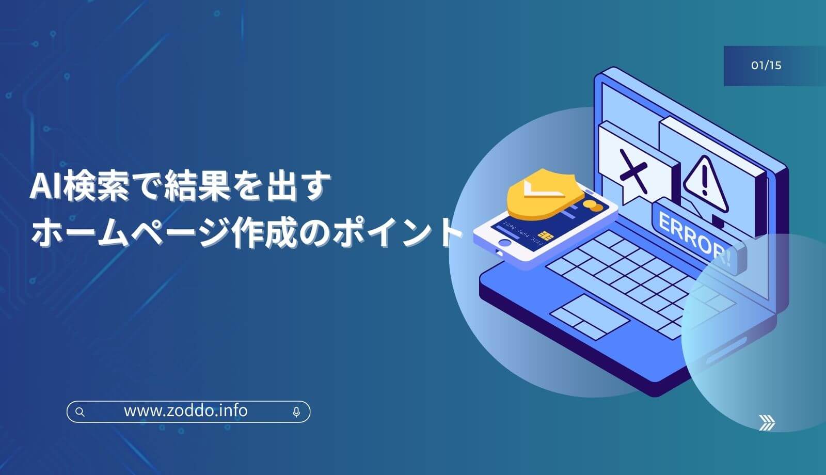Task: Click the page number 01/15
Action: (x=766, y=65)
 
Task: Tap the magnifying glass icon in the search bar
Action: (x=80, y=412)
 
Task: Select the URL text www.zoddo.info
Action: (x=185, y=411)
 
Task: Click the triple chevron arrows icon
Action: (x=767, y=423)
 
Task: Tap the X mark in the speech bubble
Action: (x=633, y=170)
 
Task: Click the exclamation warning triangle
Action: (x=705, y=184)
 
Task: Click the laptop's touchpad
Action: (x=590, y=316)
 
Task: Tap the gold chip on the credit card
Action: (x=544, y=234)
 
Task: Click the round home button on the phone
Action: (x=505, y=243)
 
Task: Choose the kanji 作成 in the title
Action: (x=264, y=232)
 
